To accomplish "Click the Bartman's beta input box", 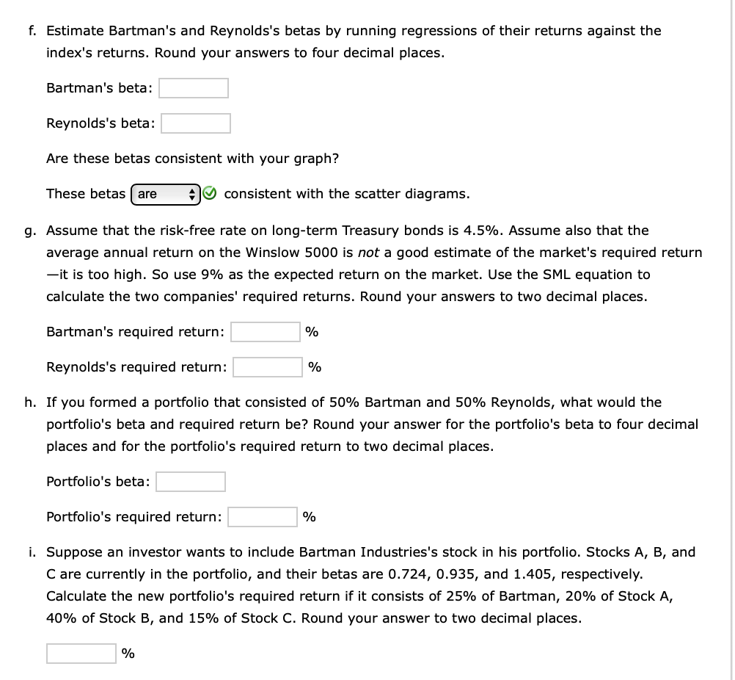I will (194, 88).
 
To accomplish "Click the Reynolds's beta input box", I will (196, 123).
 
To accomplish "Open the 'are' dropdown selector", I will (166, 194).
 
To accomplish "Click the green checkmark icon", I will (210, 194).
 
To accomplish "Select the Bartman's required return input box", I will (265, 332).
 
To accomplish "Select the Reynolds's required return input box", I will (268, 366).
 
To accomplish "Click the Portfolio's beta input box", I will (191, 482).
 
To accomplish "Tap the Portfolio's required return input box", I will (262, 517).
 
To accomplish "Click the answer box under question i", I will (81, 653).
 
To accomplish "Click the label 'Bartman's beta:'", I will (100, 88).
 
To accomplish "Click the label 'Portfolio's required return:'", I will (134, 517).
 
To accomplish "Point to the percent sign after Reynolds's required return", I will (314, 366).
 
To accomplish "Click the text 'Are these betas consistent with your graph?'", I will (192, 159).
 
